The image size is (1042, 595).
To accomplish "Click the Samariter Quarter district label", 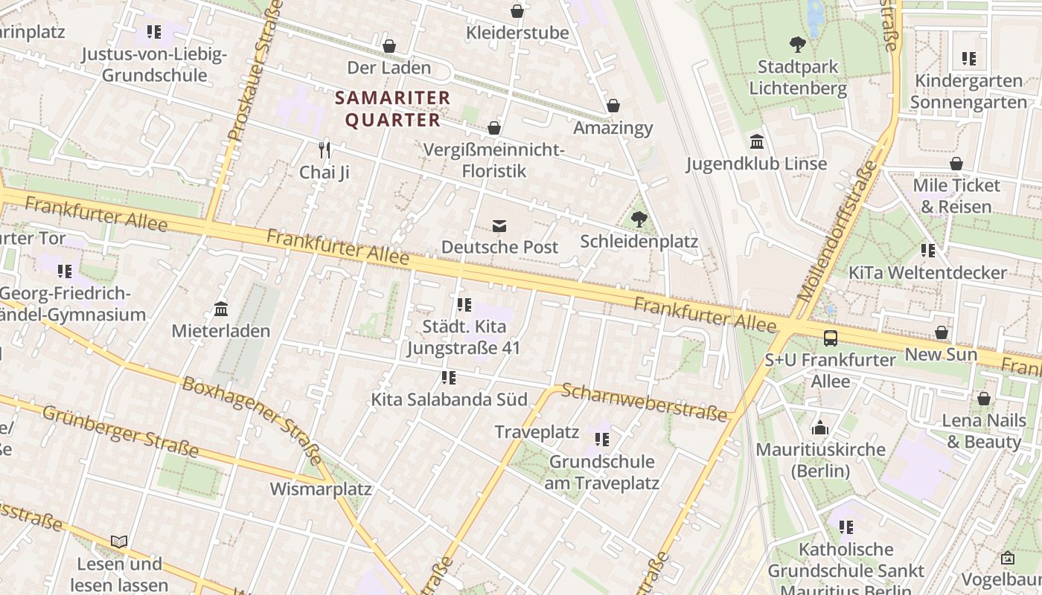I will [x=392, y=109].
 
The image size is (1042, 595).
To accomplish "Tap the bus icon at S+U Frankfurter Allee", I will [x=831, y=338].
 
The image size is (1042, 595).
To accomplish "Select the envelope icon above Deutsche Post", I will [x=499, y=225].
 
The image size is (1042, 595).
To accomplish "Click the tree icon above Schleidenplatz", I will [x=639, y=219].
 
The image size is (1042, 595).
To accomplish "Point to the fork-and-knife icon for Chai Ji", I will [x=324, y=150].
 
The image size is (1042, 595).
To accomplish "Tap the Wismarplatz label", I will [x=320, y=489].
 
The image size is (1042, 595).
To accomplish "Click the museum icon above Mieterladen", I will [x=221, y=309].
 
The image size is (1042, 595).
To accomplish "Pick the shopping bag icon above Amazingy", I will [x=613, y=106].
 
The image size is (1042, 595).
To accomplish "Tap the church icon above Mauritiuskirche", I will [x=820, y=428].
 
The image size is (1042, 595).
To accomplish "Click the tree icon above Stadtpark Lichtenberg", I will [x=798, y=45].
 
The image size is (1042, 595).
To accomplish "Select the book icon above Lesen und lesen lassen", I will [x=119, y=541].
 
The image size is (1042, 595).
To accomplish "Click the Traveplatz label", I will [x=537, y=432].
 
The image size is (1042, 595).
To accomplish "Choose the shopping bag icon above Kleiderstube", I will [x=517, y=11].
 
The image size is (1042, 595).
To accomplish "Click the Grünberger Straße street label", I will [x=120, y=431].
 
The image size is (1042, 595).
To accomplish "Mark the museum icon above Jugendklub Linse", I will [x=757, y=141].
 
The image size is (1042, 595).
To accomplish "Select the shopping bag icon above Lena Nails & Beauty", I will [x=984, y=399].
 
